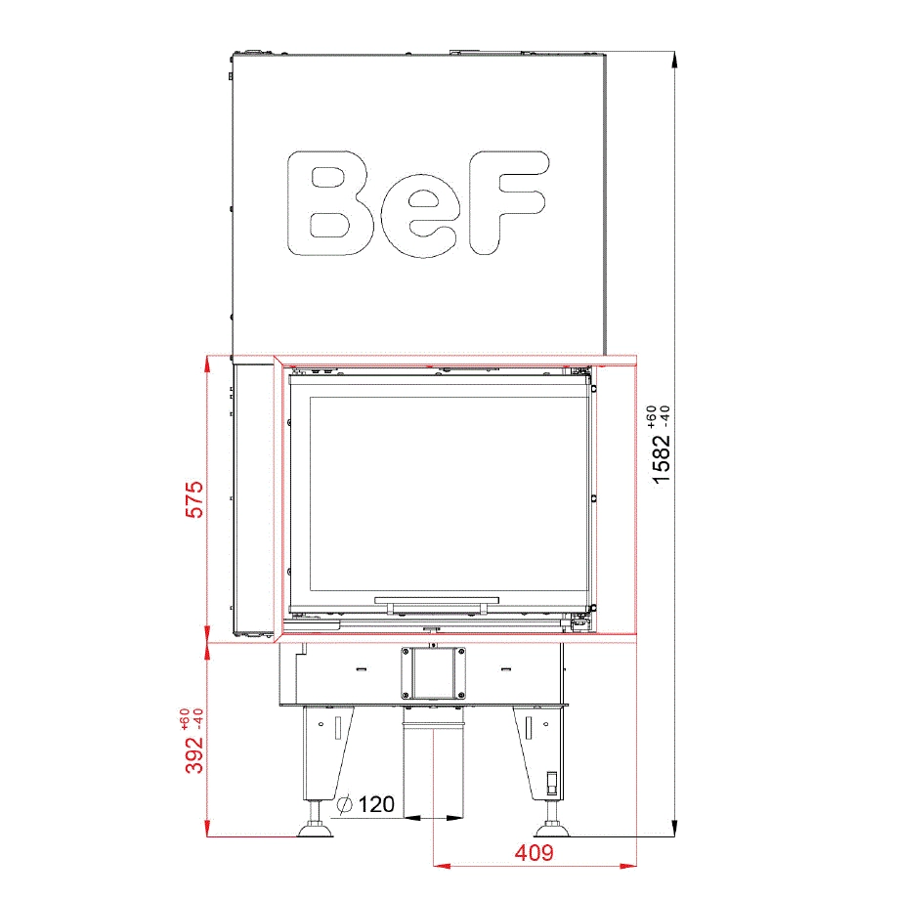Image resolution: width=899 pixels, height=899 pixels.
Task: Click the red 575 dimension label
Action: click(x=194, y=499)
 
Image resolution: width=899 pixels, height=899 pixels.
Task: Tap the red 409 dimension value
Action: click(x=535, y=852)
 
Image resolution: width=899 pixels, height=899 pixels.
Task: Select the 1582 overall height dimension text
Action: click(x=662, y=458)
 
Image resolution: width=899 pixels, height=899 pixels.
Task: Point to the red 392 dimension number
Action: click(x=194, y=753)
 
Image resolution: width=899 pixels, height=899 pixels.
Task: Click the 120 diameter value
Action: click(x=376, y=804)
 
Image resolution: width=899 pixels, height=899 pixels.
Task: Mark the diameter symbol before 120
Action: click(x=345, y=804)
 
